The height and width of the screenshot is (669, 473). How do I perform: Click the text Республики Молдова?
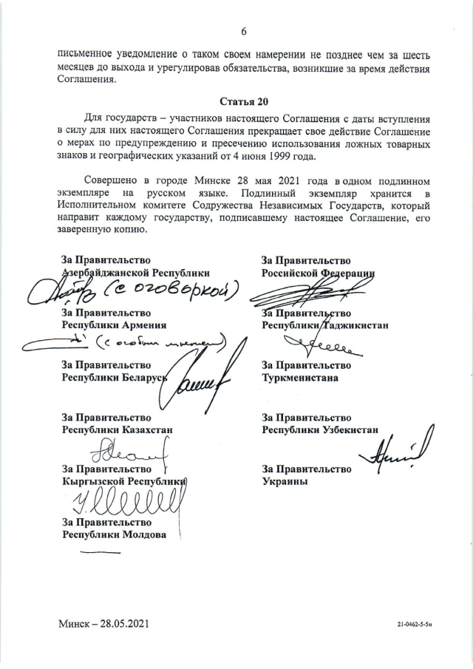point(114,534)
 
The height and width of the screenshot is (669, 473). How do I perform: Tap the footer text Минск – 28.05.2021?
point(108,624)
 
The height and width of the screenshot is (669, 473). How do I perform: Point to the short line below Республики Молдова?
point(99,551)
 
